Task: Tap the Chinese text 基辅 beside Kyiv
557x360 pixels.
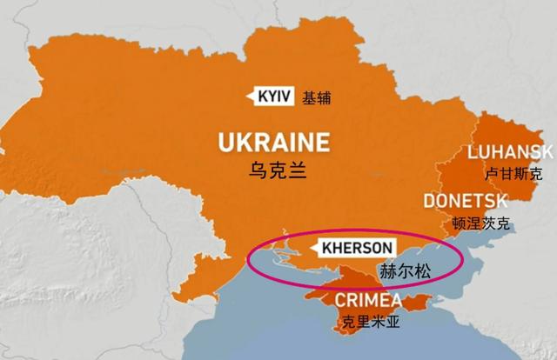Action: tap(317, 97)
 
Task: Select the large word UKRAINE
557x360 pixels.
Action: tap(274, 142)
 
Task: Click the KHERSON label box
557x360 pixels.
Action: tap(357, 247)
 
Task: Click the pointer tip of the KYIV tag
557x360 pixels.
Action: tap(249, 97)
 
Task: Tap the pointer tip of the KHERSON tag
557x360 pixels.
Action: tap(312, 247)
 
